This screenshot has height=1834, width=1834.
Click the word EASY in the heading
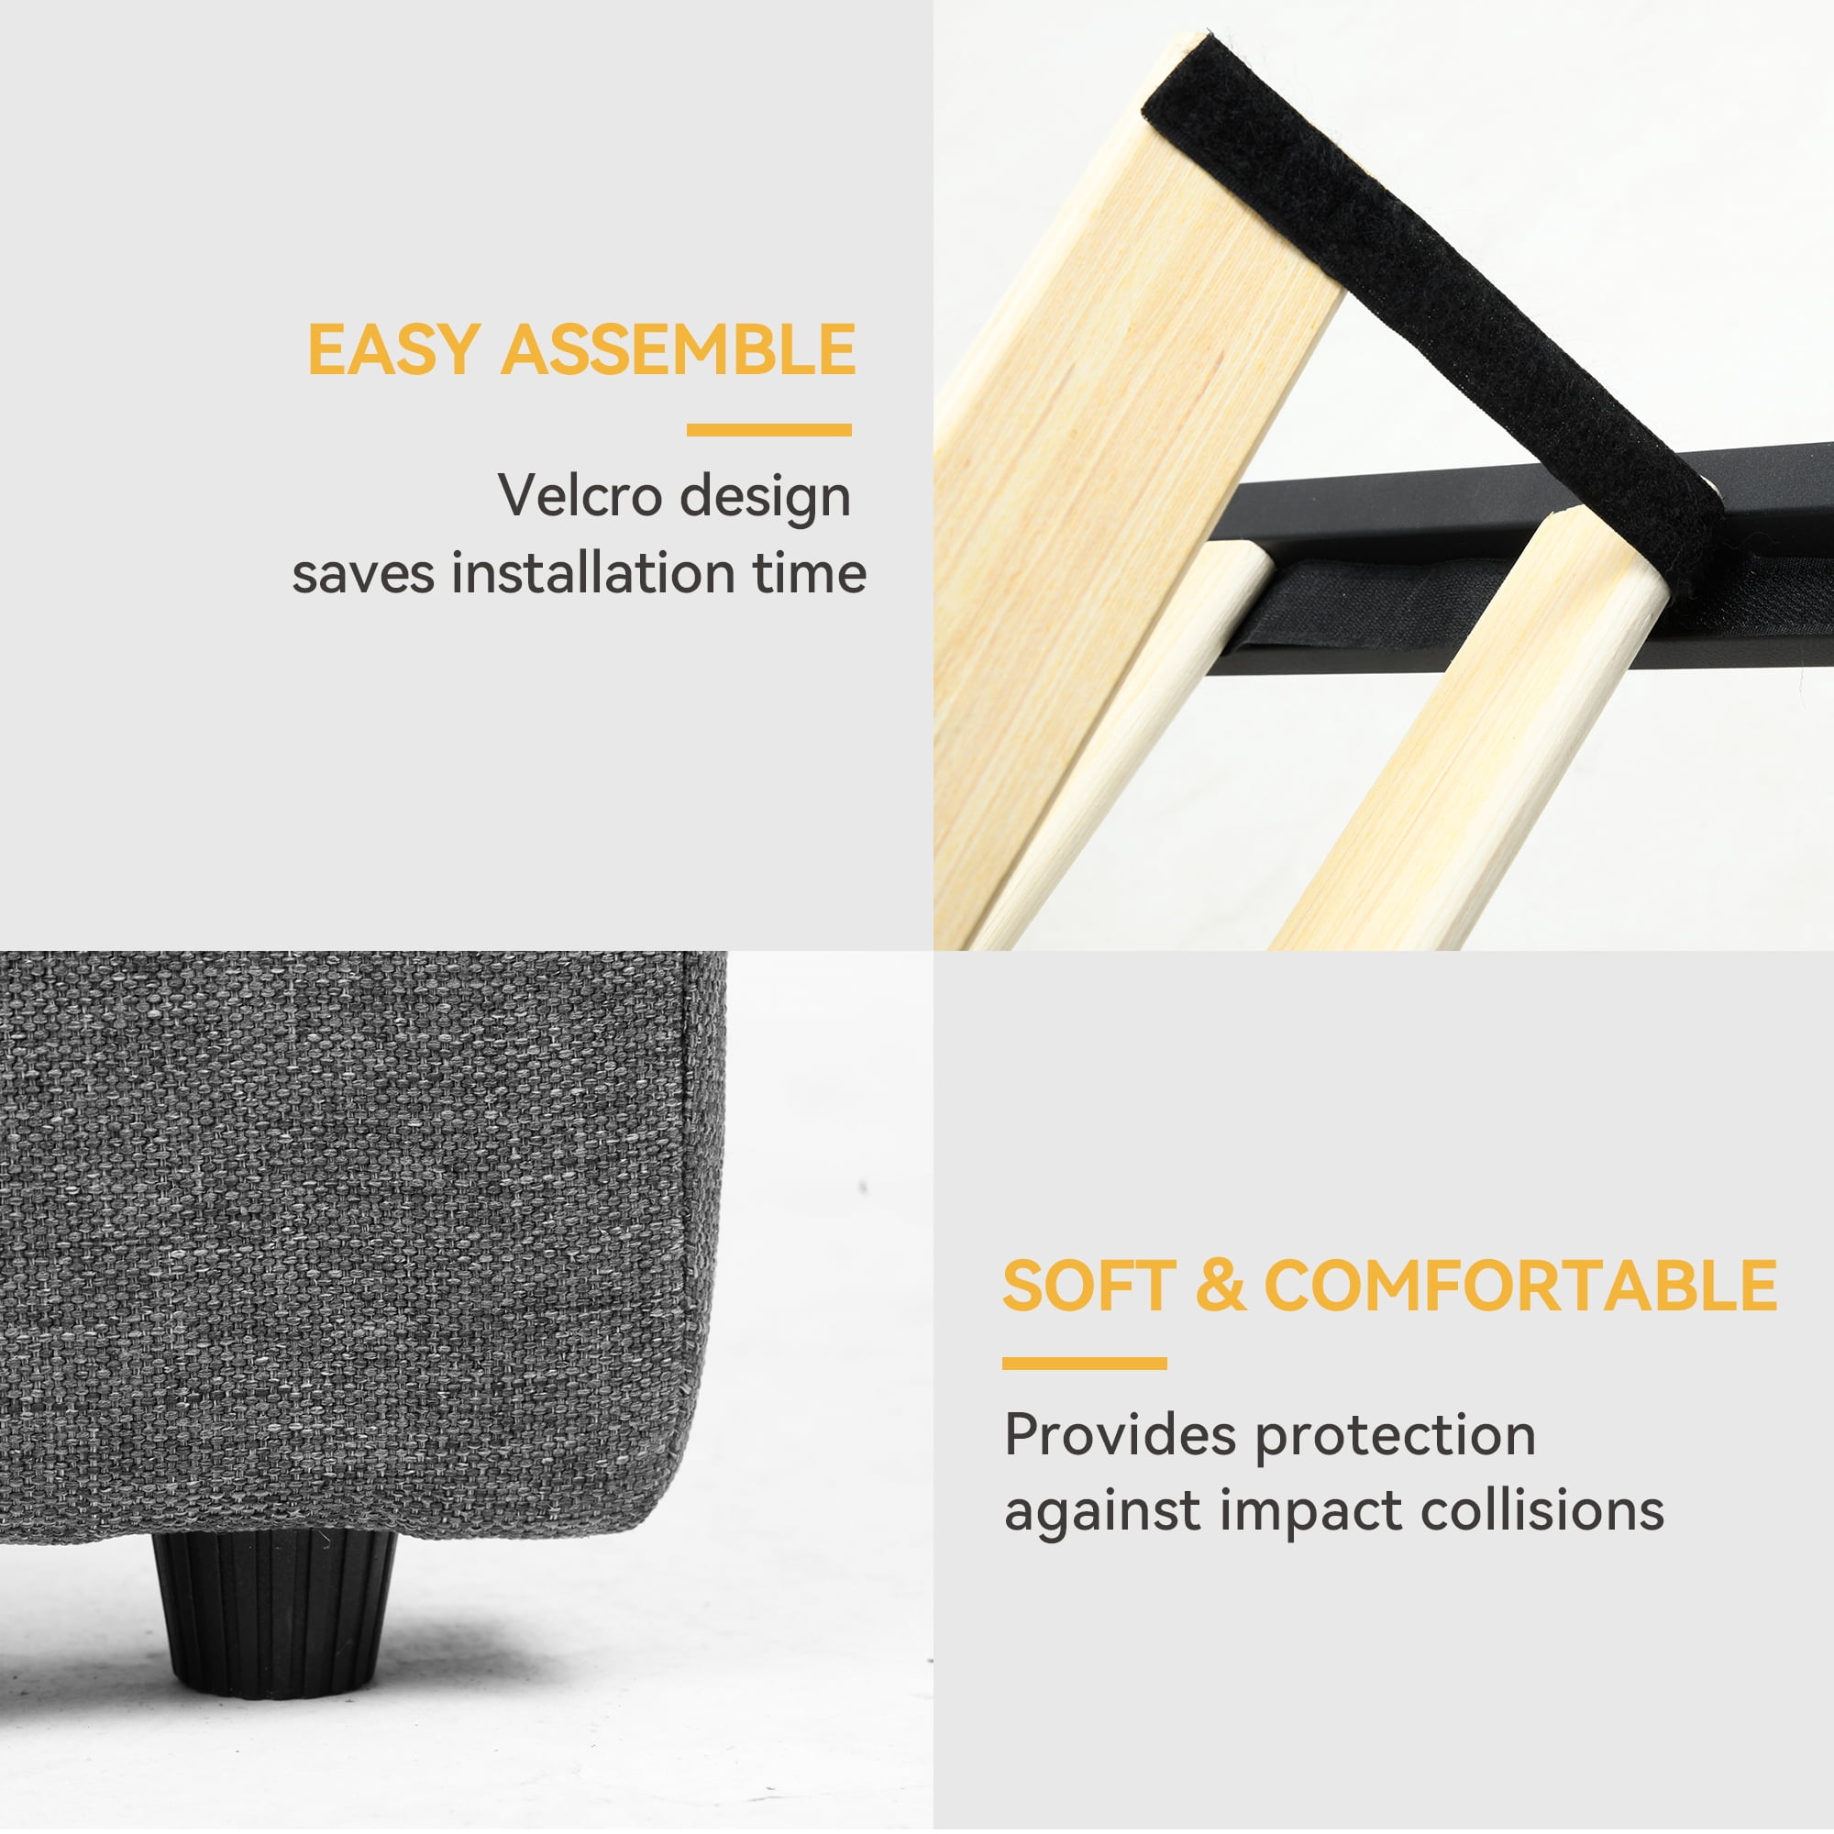pyautogui.click(x=393, y=349)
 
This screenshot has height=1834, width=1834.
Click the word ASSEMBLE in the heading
pyautogui.click(x=679, y=349)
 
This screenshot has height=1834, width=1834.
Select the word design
pyautogui.click(x=765, y=497)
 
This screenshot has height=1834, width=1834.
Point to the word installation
pyautogui.click(x=592, y=573)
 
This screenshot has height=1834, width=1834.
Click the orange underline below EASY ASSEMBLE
pyautogui.click(x=769, y=430)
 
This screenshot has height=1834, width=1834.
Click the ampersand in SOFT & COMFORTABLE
pyautogui.click(x=1221, y=1287)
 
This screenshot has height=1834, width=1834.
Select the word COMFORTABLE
pyautogui.click(x=1520, y=1287)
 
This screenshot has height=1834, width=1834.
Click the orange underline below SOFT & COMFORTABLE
pyautogui.click(x=1084, y=1364)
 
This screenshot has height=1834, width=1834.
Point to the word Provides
pyautogui.click(x=1121, y=1434)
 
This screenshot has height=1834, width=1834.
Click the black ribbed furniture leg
pyautogui.click(x=273, y=1613)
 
